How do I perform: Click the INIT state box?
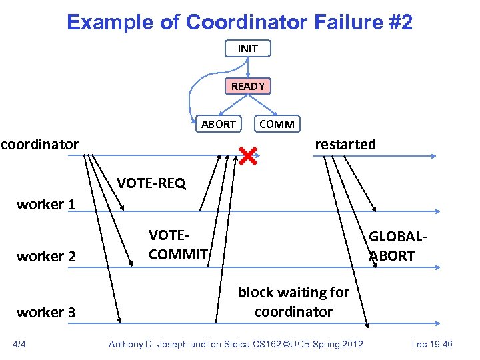247,49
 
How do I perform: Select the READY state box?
247,86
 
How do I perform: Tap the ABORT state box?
218,124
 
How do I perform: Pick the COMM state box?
277,124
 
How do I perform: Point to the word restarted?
345,144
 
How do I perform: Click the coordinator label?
39,144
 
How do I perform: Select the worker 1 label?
46,205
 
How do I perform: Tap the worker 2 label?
46,256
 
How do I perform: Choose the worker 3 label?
46,312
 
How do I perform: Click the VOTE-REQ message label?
151,183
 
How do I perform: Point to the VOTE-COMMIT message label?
178,245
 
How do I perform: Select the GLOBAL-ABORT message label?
397,246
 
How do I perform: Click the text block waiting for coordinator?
293,302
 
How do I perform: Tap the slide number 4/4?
21,344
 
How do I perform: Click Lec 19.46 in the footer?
433,344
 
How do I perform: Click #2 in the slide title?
399,23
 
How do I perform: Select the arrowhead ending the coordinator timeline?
434,155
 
